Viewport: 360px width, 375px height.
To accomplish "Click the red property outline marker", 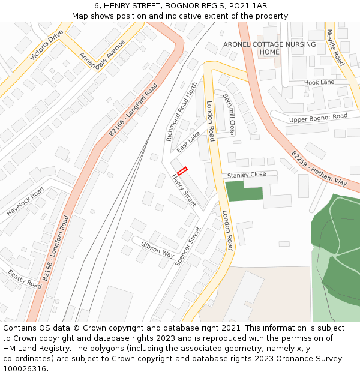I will pyautogui.click(x=182, y=170).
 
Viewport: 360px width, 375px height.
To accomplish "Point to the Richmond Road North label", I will pyautogui.click(x=182, y=112).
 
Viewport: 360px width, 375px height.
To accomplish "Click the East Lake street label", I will pyautogui.click(x=188, y=141).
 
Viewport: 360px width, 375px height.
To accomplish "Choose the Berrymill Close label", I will pyautogui.click(x=229, y=113).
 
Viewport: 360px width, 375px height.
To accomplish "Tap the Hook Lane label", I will pyautogui.click(x=319, y=82).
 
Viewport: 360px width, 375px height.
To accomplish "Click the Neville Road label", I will pyautogui.click(x=335, y=47).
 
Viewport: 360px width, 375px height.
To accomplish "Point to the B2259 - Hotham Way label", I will pyautogui.click(x=319, y=168).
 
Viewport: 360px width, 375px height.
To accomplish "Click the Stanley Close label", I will pyautogui.click(x=246, y=175).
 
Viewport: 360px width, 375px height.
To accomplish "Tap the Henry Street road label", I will pyautogui.click(x=184, y=190).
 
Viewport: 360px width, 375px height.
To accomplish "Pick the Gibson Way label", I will pyautogui.click(x=158, y=250).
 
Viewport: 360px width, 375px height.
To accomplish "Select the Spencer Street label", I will pyautogui.click(x=188, y=246).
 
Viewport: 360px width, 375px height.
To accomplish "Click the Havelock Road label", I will pyautogui.click(x=26, y=202).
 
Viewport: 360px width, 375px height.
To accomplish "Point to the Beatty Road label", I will pyautogui.click(x=25, y=278).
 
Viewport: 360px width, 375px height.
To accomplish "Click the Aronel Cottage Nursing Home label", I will pyautogui.click(x=269, y=48).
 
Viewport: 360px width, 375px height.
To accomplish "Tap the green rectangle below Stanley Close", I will pyautogui.click(x=244, y=191).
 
